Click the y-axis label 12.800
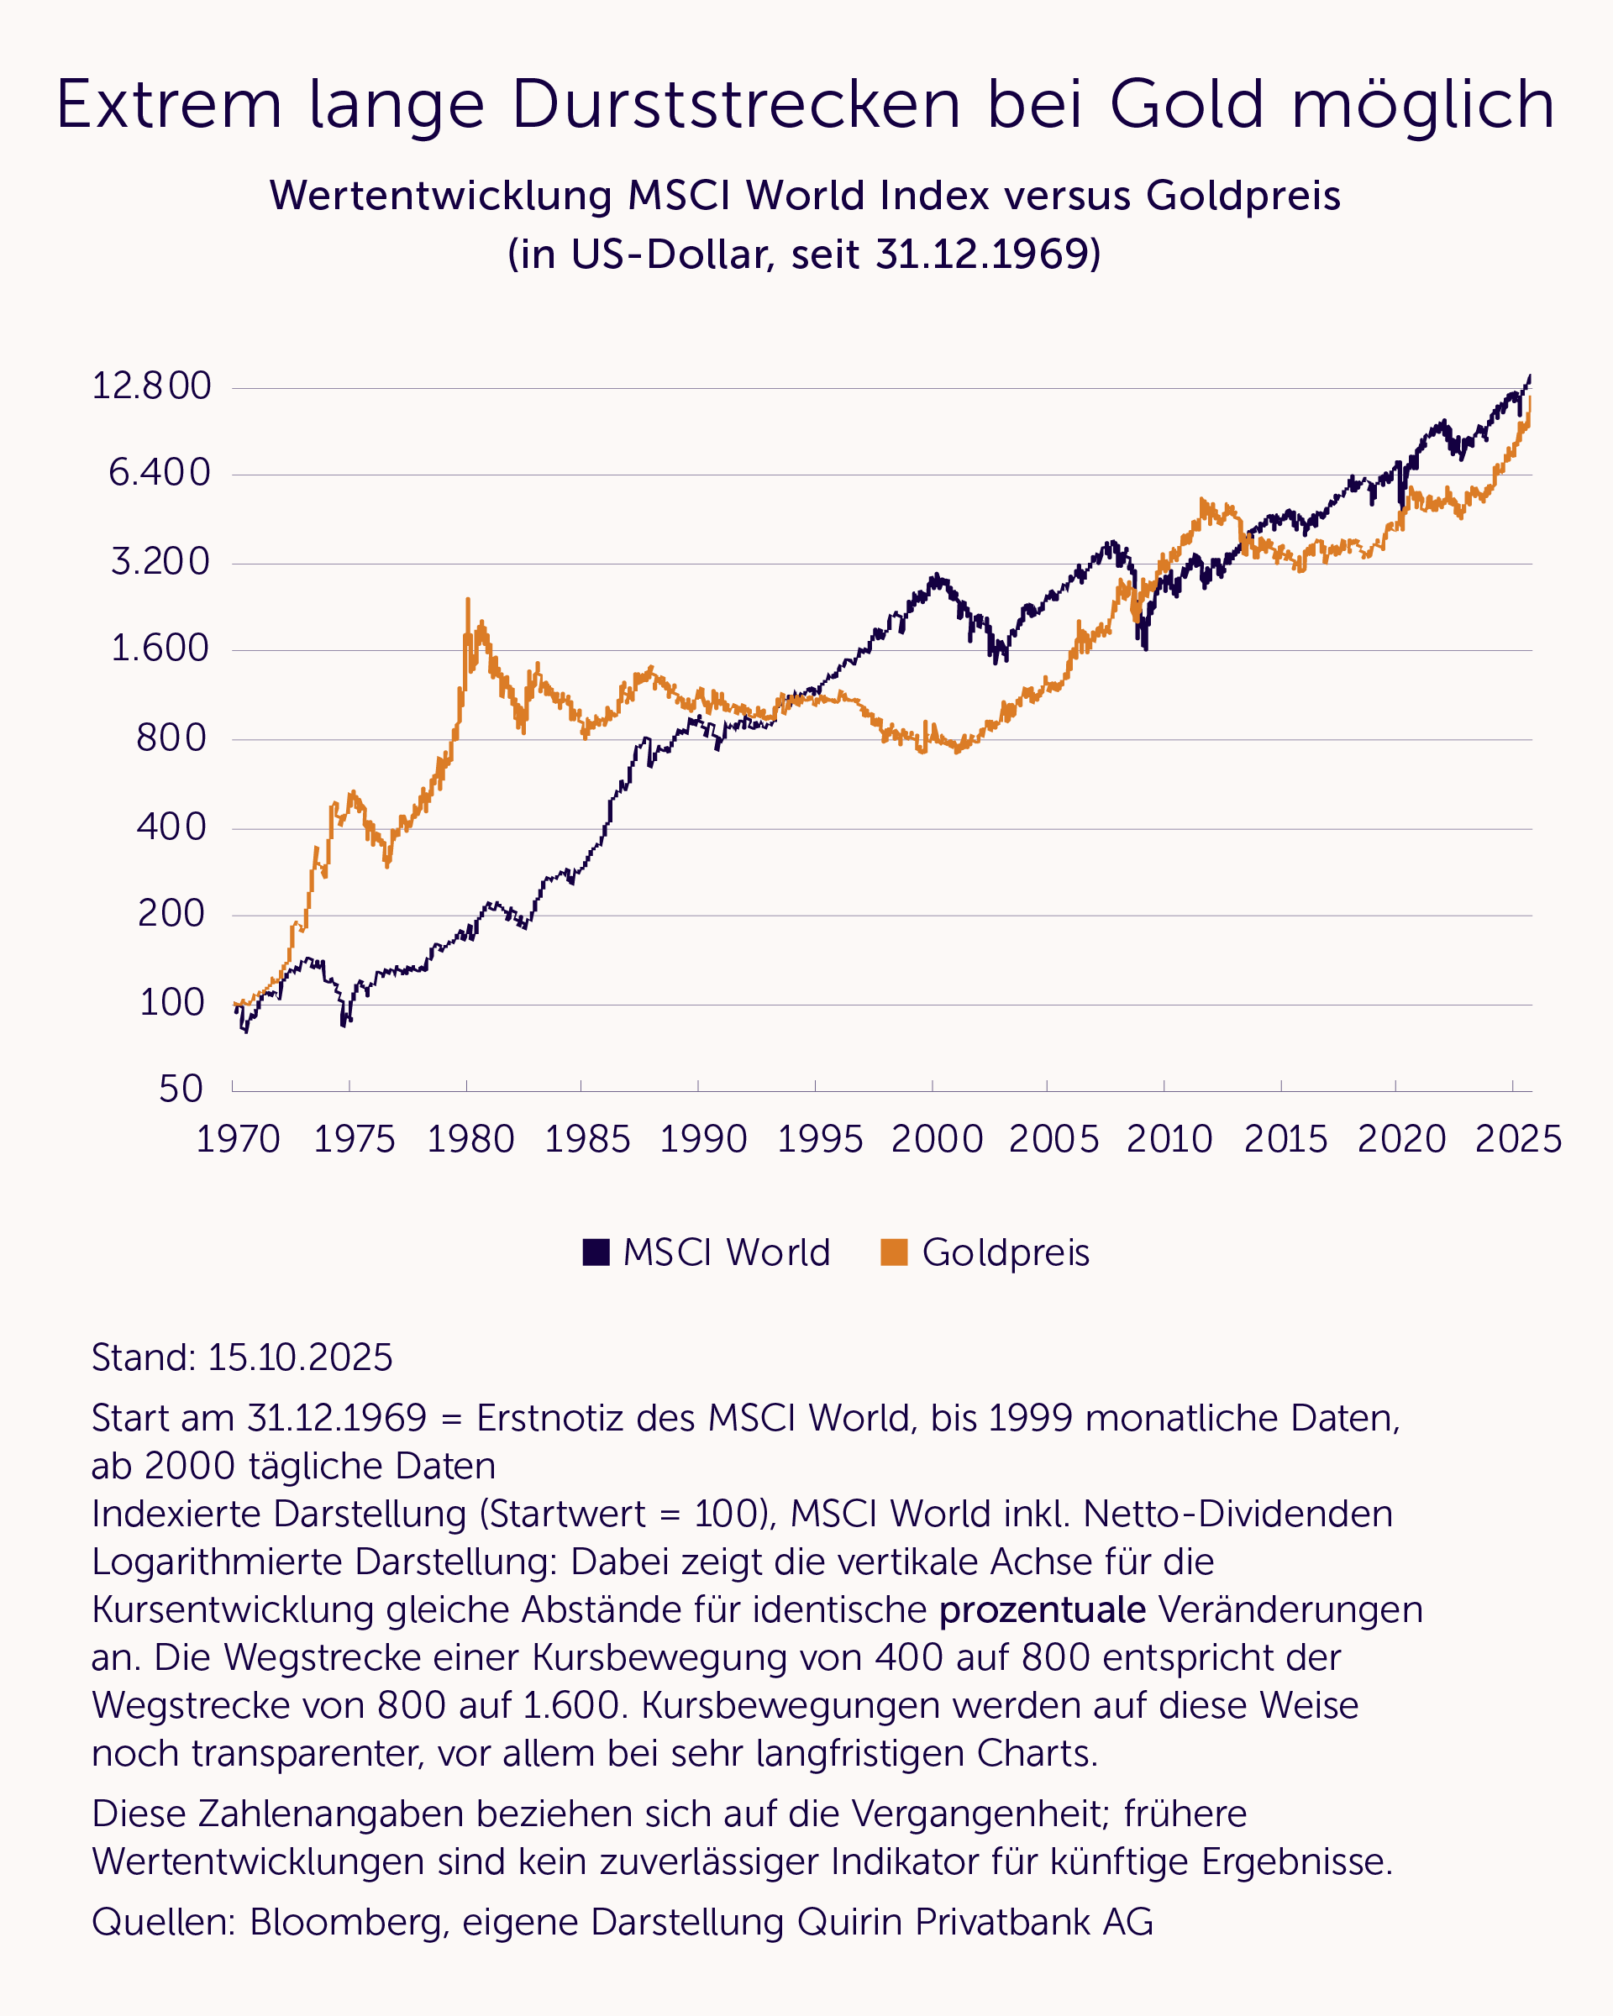tap(151, 386)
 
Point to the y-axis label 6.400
tap(160, 473)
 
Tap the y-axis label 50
tap(181, 1089)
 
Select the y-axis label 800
tap(171, 738)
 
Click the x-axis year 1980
tap(470, 1140)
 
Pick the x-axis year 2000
tap(937, 1140)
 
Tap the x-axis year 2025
tap(1517, 1140)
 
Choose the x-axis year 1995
tap(820, 1140)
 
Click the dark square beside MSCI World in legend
tap(596, 1253)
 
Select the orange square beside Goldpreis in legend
tap(894, 1253)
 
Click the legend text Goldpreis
tap(1006, 1253)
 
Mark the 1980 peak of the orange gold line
tap(468, 600)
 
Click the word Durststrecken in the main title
tap(736, 104)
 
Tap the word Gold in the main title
tap(1186, 104)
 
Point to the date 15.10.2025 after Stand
tap(300, 1357)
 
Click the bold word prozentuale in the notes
tap(1042, 1610)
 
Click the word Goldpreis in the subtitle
tap(1243, 196)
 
